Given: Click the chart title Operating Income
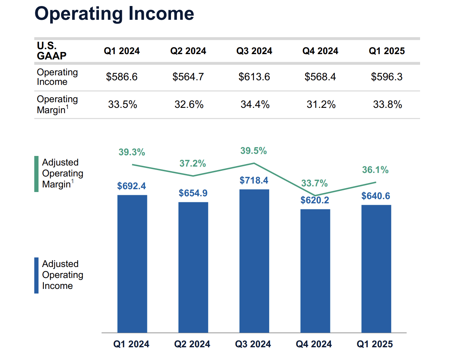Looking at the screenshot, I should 114,14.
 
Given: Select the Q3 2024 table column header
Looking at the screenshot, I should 254,51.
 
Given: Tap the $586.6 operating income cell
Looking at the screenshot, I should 122,77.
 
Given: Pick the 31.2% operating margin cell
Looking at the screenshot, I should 321,104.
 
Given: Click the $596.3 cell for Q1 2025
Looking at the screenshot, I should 387,77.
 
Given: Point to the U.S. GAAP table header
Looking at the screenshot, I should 52,51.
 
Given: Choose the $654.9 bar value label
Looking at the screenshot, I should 193,193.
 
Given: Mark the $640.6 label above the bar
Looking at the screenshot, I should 376,196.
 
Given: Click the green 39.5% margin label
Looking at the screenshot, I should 253,151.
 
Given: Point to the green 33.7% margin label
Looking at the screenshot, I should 314,183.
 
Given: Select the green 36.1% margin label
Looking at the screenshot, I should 375,170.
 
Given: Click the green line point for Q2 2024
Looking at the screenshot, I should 193,176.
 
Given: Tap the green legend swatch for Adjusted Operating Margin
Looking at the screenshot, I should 36,174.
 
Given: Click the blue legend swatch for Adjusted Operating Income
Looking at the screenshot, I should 36,275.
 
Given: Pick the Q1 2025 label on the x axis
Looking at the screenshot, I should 375,344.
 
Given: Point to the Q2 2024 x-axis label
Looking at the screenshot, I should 192,344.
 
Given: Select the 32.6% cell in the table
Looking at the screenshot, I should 189,104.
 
